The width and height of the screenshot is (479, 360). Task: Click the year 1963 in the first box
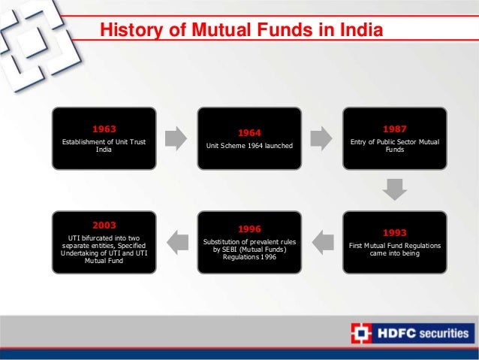pyautogui.click(x=104, y=128)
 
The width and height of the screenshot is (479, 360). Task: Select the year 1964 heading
pyautogui.click(x=249, y=133)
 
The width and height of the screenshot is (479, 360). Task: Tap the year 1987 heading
pyautogui.click(x=394, y=128)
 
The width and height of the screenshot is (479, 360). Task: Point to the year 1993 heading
pyautogui.click(x=394, y=232)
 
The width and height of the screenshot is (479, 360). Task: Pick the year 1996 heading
pyautogui.click(x=249, y=227)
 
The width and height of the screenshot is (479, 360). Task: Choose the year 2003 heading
pyautogui.click(x=104, y=224)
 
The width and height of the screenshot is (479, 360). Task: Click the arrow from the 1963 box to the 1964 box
pyautogui.click(x=176, y=138)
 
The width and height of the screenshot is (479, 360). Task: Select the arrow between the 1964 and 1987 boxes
pyautogui.click(x=321, y=138)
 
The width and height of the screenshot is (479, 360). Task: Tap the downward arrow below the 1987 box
pyautogui.click(x=394, y=189)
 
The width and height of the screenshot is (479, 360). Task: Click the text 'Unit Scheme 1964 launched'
pyautogui.click(x=249, y=147)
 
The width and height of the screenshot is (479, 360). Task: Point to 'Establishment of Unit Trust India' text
pyautogui.click(x=104, y=146)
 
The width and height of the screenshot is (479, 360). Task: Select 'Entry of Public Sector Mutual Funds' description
pyautogui.click(x=394, y=146)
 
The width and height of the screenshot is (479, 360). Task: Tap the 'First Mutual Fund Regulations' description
pyautogui.click(x=394, y=250)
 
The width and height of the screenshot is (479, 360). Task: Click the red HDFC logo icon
pyautogui.click(x=361, y=331)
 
